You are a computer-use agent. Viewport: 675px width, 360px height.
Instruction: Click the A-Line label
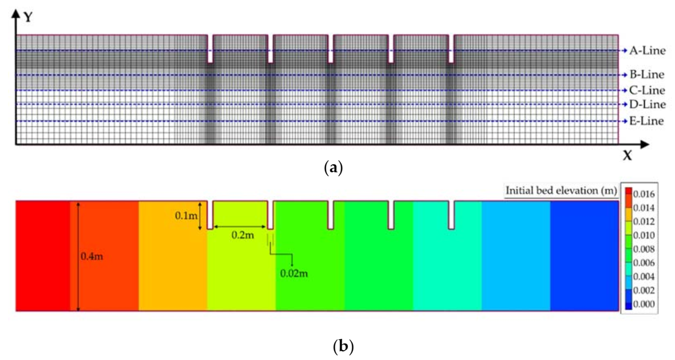(x=648, y=51)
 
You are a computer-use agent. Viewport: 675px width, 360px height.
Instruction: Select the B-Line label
(x=648, y=75)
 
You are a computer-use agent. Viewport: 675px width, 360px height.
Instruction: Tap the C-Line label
(x=648, y=90)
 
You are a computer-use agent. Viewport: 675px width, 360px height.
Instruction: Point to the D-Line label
(x=648, y=105)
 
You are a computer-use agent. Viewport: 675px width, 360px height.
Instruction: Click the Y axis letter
(x=28, y=18)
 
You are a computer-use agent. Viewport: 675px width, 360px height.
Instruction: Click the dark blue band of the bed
(x=583, y=256)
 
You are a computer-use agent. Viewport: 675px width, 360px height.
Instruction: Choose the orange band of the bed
(x=173, y=256)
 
